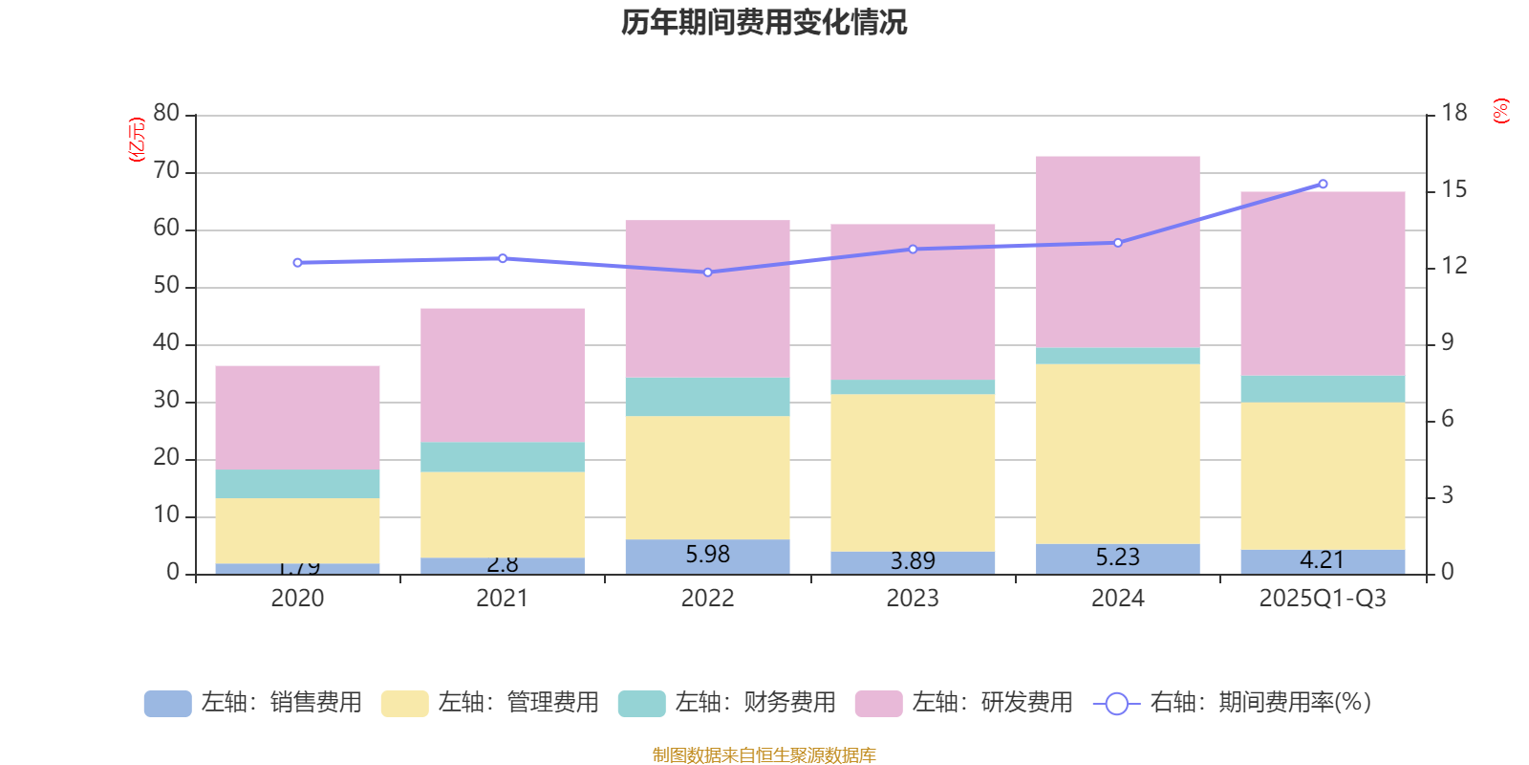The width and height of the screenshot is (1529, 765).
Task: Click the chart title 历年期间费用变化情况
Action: coord(764,22)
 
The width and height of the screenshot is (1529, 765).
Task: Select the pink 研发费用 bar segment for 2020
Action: coord(297,417)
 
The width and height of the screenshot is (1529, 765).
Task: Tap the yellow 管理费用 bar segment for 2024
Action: coord(1117,453)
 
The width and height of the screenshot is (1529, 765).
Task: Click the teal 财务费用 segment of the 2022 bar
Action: coord(707,397)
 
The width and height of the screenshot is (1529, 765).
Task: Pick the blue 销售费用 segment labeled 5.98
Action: coord(707,556)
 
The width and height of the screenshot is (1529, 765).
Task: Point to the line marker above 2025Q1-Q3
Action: coord(1323,184)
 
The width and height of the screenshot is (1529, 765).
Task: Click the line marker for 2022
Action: coord(707,273)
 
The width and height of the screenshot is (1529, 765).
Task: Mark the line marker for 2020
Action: coord(297,262)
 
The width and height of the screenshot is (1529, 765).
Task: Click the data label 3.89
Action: coord(913,561)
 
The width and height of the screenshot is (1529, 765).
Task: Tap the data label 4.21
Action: coord(1323,560)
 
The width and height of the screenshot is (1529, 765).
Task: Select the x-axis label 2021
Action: coord(502,599)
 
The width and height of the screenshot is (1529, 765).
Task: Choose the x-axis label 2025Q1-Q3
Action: coord(1323,599)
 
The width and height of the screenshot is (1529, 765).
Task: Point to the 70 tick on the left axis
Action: coord(166,171)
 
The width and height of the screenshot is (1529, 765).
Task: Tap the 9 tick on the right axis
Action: coord(1447,342)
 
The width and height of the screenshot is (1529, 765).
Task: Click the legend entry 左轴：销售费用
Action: coord(253,703)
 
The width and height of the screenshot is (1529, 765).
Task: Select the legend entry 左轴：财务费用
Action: coord(727,703)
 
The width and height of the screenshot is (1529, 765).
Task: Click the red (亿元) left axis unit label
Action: coord(137,140)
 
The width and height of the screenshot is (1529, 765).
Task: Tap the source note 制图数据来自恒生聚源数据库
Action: coord(764,755)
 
